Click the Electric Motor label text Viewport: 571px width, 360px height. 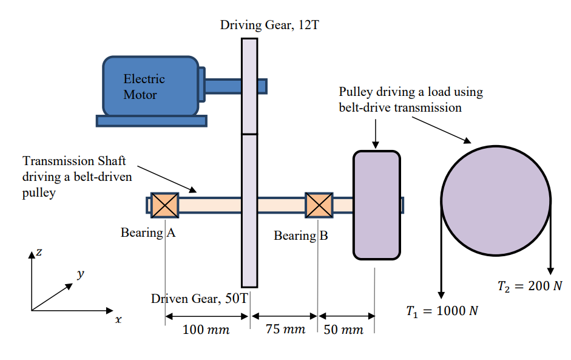[x=144, y=87]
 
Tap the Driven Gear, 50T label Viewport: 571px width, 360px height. [x=199, y=298]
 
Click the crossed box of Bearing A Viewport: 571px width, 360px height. [x=164, y=205]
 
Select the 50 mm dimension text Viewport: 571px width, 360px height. [x=343, y=330]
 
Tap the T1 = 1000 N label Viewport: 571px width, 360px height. [x=442, y=311]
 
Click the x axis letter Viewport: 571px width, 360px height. [x=118, y=319]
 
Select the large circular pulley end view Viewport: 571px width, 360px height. [x=496, y=200]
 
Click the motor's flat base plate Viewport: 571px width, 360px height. [x=151, y=121]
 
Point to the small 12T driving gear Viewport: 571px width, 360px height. [x=249, y=86]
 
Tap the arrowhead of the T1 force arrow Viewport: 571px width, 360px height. [x=441, y=294]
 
